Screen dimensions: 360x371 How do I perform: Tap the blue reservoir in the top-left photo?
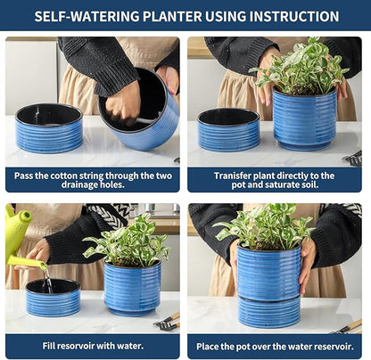50,128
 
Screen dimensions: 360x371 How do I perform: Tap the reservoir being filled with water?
52,298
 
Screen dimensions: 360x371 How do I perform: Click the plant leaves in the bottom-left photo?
128,242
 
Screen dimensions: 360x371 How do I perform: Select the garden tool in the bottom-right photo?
348,325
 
